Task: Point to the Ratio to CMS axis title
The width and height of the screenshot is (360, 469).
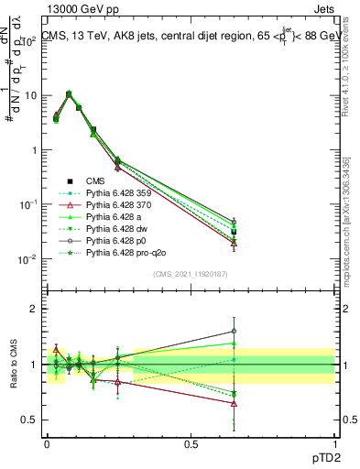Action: pos(12,364)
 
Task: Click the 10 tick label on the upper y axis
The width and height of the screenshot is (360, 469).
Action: pos(30,95)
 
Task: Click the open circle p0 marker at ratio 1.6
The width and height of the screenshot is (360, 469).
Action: pos(235,331)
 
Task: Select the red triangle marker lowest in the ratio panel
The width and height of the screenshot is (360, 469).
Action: pos(235,403)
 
